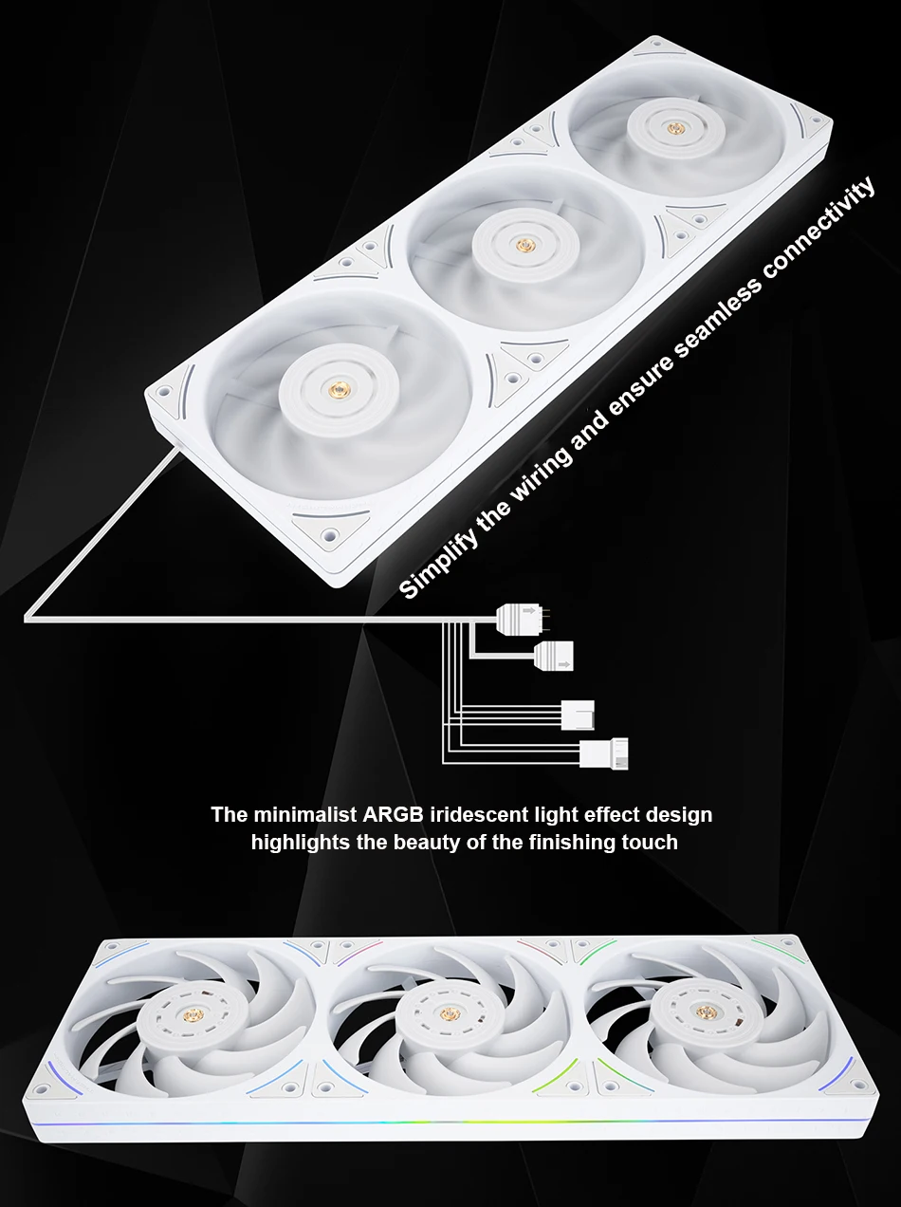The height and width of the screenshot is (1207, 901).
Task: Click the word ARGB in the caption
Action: coord(394,814)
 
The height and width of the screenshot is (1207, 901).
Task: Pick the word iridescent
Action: coord(478,814)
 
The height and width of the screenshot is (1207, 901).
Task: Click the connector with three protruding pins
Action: coord(523,620)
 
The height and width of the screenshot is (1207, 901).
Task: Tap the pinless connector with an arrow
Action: coord(554,656)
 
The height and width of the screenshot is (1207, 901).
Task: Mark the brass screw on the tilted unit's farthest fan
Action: coord(673,127)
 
